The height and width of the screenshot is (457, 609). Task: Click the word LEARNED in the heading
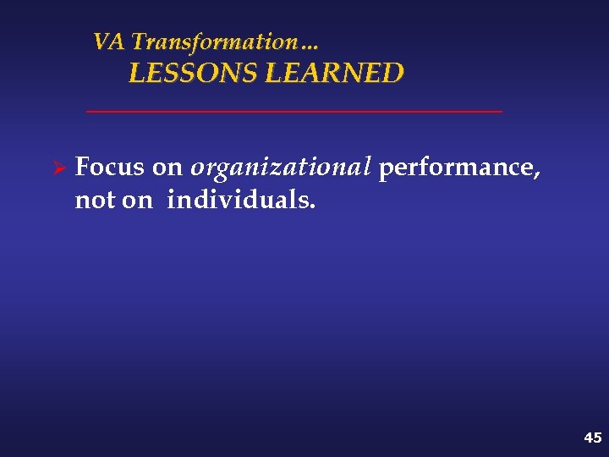click(x=335, y=74)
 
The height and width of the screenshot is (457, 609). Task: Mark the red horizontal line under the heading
click(x=294, y=111)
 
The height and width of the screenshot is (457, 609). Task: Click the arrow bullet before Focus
click(x=59, y=168)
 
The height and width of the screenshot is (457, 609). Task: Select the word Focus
click(x=110, y=168)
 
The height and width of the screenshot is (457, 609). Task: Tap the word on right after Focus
click(x=167, y=168)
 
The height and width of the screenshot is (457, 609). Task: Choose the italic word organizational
click(x=281, y=168)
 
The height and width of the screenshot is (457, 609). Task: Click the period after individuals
click(x=313, y=207)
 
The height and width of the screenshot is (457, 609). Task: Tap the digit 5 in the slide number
click(x=597, y=438)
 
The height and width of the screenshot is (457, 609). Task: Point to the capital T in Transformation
click(x=140, y=41)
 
